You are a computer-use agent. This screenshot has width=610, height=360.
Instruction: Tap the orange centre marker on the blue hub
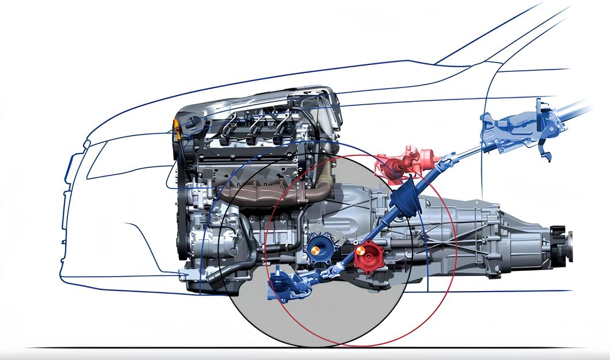315,250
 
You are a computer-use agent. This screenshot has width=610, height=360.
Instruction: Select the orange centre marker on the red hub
359,251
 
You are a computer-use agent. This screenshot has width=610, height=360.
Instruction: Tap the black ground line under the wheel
173,347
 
